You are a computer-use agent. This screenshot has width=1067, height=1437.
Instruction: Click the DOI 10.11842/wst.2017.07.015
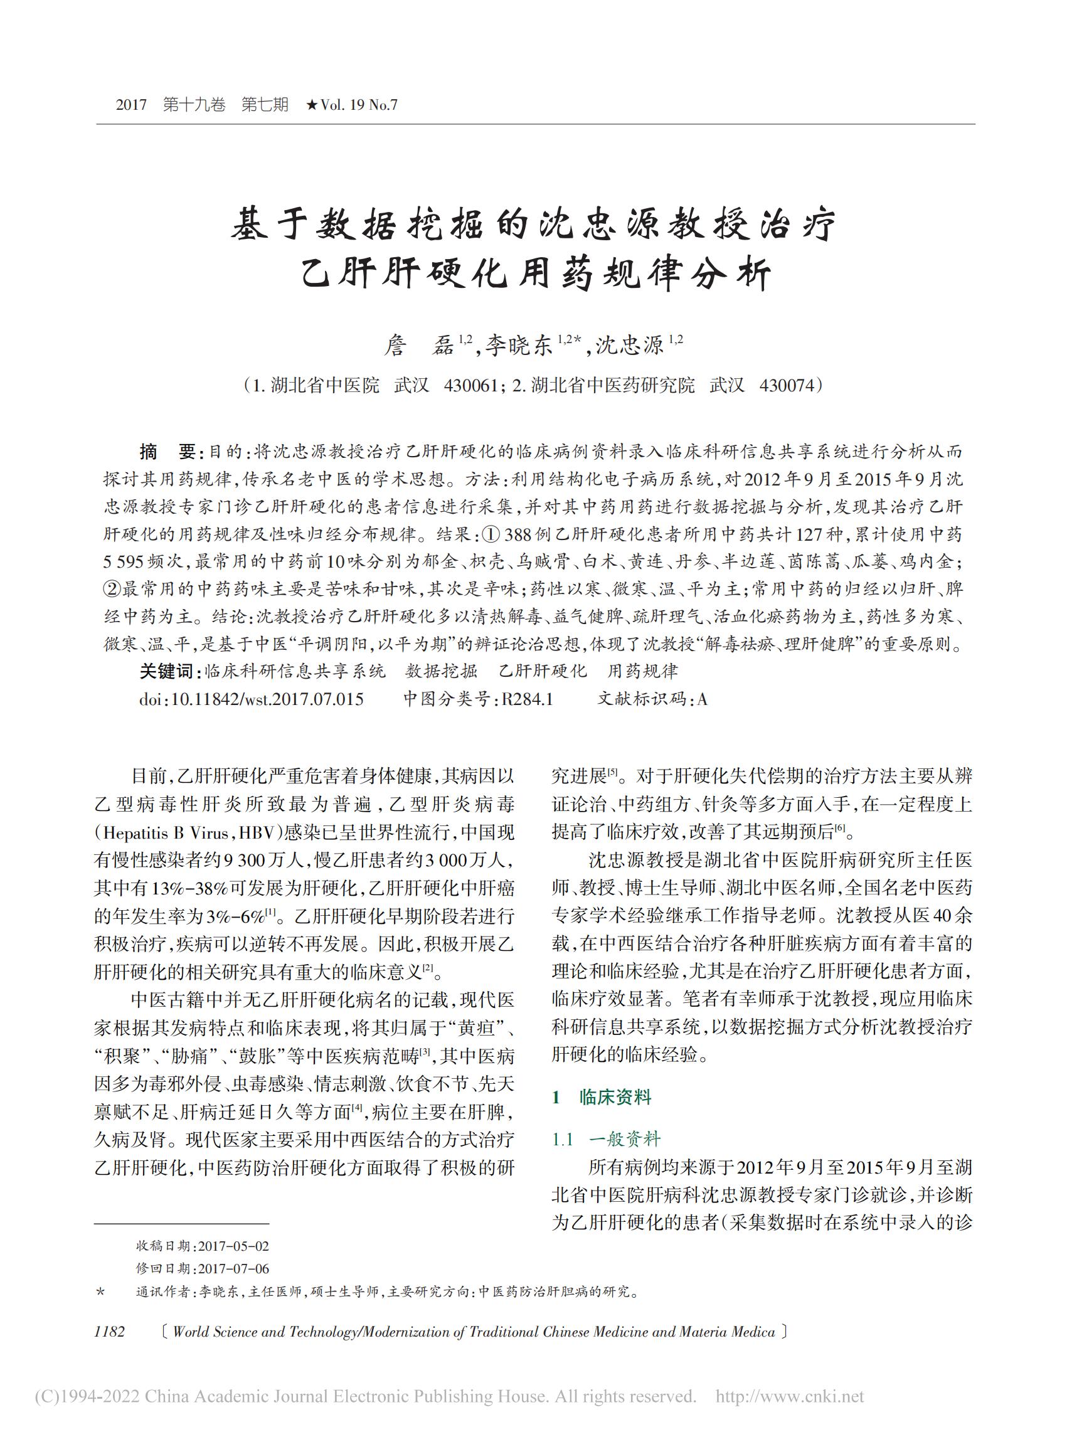click(x=266, y=699)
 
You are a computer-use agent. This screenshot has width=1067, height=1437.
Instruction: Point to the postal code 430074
click(x=787, y=386)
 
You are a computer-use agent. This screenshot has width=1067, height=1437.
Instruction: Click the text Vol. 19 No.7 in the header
click(x=358, y=105)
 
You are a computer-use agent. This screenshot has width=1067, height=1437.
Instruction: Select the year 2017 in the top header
click(x=132, y=105)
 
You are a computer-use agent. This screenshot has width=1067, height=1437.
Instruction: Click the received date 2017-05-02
click(x=233, y=1246)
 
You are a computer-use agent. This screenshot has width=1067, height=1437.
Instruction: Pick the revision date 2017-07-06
click(x=233, y=1268)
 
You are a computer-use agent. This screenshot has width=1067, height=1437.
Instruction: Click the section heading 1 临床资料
click(x=602, y=1097)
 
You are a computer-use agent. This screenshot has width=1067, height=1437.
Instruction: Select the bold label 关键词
click(x=167, y=671)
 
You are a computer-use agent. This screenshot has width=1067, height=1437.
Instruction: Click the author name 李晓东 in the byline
click(x=519, y=347)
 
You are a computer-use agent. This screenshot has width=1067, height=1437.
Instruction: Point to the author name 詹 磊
click(x=419, y=347)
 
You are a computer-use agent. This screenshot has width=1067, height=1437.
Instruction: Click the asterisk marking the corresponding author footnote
click(x=100, y=1292)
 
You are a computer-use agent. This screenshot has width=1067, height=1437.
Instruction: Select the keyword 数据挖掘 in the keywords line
click(x=441, y=671)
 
